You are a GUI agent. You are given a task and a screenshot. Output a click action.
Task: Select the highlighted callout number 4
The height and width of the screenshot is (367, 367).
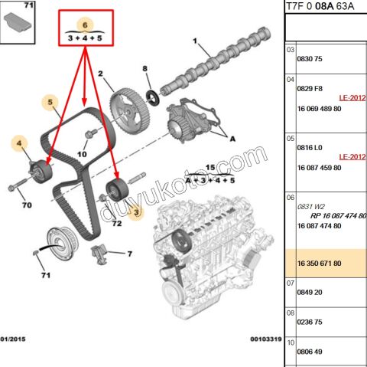pyautogui.click(x=18, y=143)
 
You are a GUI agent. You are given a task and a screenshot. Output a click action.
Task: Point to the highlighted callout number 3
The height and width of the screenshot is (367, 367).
pyautogui.click(x=137, y=211)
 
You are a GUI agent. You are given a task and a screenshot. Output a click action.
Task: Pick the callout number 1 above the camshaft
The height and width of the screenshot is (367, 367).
pyautogui.click(x=195, y=41)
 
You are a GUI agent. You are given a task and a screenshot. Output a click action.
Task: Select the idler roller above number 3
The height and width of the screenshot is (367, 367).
pyautogui.click(x=115, y=188)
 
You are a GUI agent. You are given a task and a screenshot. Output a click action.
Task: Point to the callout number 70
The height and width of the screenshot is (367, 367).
pyautogui.click(x=25, y=205)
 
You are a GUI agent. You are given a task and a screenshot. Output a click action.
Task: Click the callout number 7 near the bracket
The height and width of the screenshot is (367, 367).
pyautogui.click(x=129, y=254)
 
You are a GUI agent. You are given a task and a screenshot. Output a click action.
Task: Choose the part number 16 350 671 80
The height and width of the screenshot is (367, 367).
pyautogui.click(x=320, y=263)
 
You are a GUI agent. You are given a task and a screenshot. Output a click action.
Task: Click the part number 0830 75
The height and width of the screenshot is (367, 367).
pyautogui.click(x=310, y=59)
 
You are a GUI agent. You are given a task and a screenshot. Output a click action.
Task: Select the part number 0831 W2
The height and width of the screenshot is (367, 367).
pyautogui.click(x=311, y=205)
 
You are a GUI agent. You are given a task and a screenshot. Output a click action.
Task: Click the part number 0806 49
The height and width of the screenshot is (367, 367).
pyautogui.click(x=310, y=351)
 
